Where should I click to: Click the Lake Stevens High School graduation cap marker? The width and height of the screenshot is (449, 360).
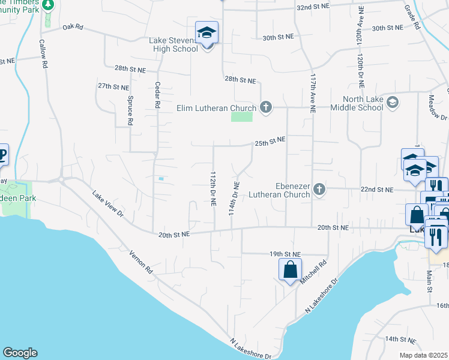coord(207,34)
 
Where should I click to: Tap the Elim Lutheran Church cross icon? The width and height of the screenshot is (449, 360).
coord(266,108)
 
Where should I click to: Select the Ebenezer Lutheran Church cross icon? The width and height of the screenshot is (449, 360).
coord(319,190)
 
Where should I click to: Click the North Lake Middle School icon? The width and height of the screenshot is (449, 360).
coord(393,101)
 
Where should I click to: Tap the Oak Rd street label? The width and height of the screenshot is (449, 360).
coord(71,28)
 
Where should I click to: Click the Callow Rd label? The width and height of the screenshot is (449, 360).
coord(43,54)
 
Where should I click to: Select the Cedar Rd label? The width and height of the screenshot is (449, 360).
coord(157,95)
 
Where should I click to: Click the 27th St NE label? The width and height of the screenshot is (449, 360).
coord(113,86)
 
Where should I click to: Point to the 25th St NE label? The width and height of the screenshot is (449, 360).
coord(270,142)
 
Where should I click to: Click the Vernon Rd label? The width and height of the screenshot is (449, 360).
coord(141,264)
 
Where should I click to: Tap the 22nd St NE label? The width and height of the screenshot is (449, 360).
coord(376,190)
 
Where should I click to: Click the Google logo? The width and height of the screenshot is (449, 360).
coord(20,353)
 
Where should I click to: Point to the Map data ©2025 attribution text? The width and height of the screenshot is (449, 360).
coord(424,355)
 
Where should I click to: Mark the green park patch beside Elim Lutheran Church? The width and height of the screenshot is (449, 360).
coord(242,116)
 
